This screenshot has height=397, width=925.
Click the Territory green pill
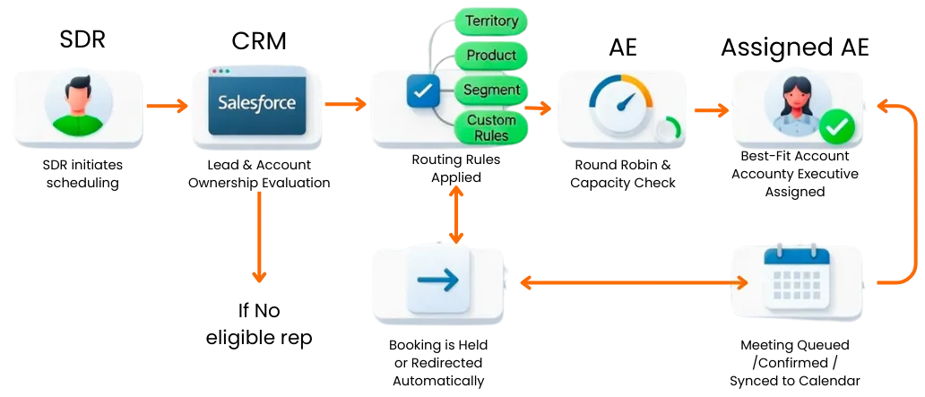(492, 21)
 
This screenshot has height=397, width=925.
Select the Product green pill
(492, 56)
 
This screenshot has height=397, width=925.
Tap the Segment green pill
(492, 91)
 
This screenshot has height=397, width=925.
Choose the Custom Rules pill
(492, 128)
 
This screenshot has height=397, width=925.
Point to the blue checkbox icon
(421, 91)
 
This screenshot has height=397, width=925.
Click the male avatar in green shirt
(78, 105)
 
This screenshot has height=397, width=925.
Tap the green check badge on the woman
(837, 129)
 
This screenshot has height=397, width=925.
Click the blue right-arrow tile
(438, 280)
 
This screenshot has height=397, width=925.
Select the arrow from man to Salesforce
(167, 106)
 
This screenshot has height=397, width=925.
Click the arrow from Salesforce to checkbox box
(345, 105)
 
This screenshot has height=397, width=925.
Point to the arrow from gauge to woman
(711, 111)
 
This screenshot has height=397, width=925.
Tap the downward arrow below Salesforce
(259, 237)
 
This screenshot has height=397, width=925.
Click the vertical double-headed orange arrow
(456, 214)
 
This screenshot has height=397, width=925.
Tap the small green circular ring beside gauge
(668, 130)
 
